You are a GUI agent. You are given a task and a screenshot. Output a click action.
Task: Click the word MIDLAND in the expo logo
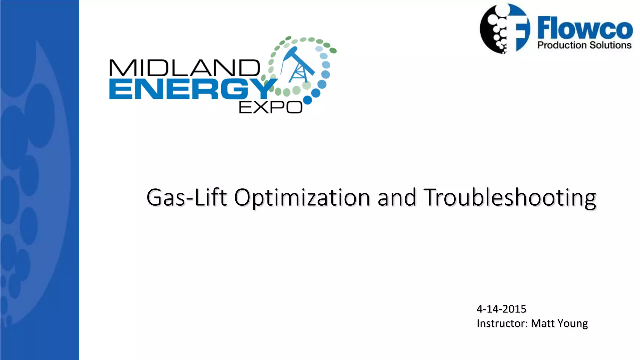(184, 68)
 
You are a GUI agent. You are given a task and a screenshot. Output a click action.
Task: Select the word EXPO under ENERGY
(270, 107)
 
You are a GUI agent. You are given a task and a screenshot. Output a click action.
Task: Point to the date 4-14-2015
(501, 309)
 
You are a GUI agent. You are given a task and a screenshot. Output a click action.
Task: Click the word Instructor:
(502, 323)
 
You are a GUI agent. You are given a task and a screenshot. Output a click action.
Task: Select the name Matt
(543, 323)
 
